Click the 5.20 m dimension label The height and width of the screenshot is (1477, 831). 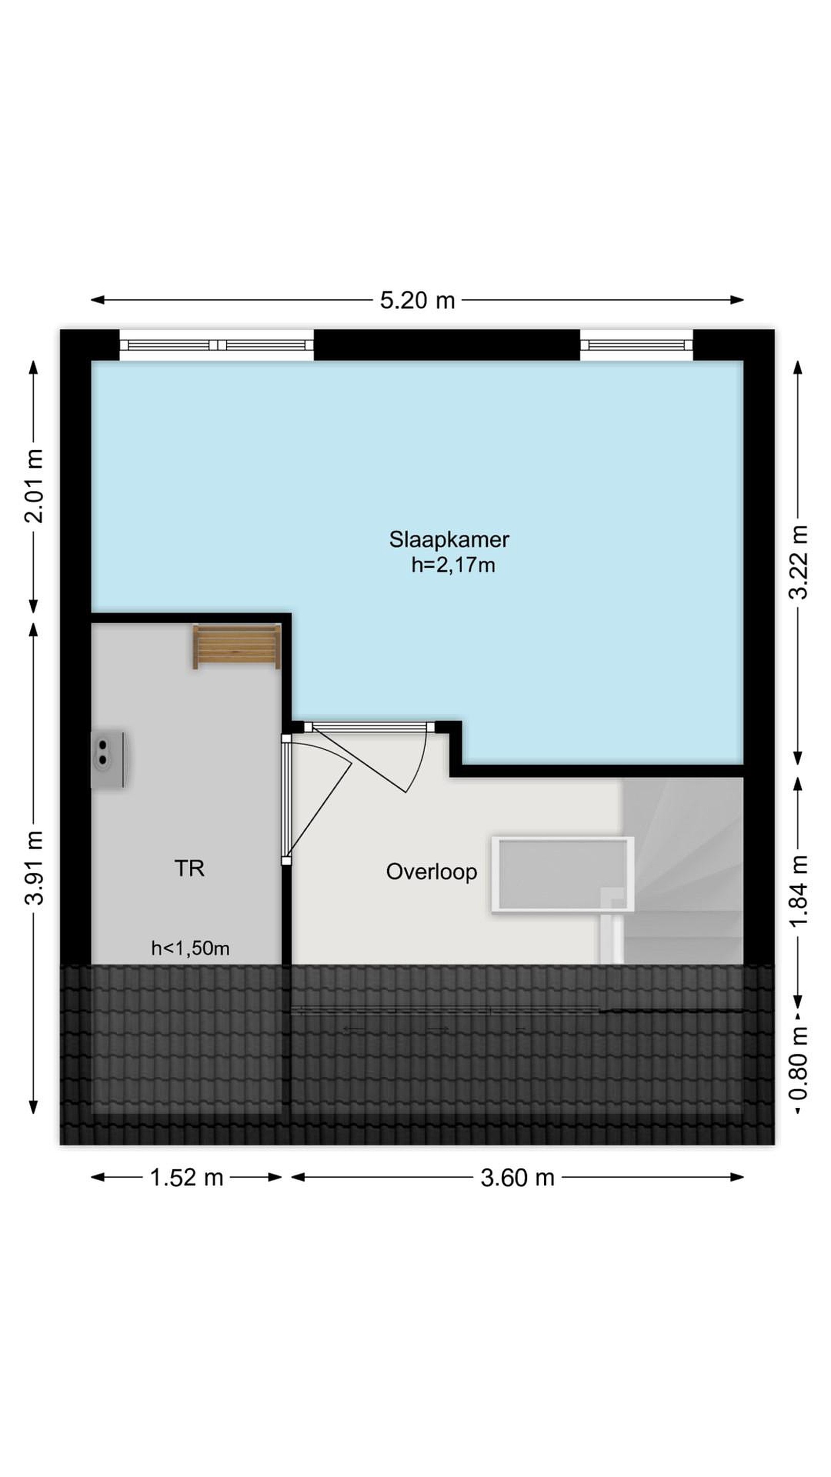tap(417, 300)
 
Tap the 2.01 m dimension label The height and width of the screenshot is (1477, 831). tap(34, 486)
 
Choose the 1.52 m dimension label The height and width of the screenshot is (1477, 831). tap(186, 1177)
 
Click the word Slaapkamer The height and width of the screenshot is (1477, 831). tap(449, 540)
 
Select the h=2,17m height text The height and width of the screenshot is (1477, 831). tap(453, 565)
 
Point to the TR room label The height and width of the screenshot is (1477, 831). tap(189, 868)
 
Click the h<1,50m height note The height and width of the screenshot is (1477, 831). tap(190, 948)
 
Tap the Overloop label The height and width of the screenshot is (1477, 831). tap(431, 871)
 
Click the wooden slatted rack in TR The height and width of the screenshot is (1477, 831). tap(236, 647)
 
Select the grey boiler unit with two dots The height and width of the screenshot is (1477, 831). tap(108, 759)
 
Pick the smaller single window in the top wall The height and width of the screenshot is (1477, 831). tap(637, 345)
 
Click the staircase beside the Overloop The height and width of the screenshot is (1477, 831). tap(682, 870)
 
